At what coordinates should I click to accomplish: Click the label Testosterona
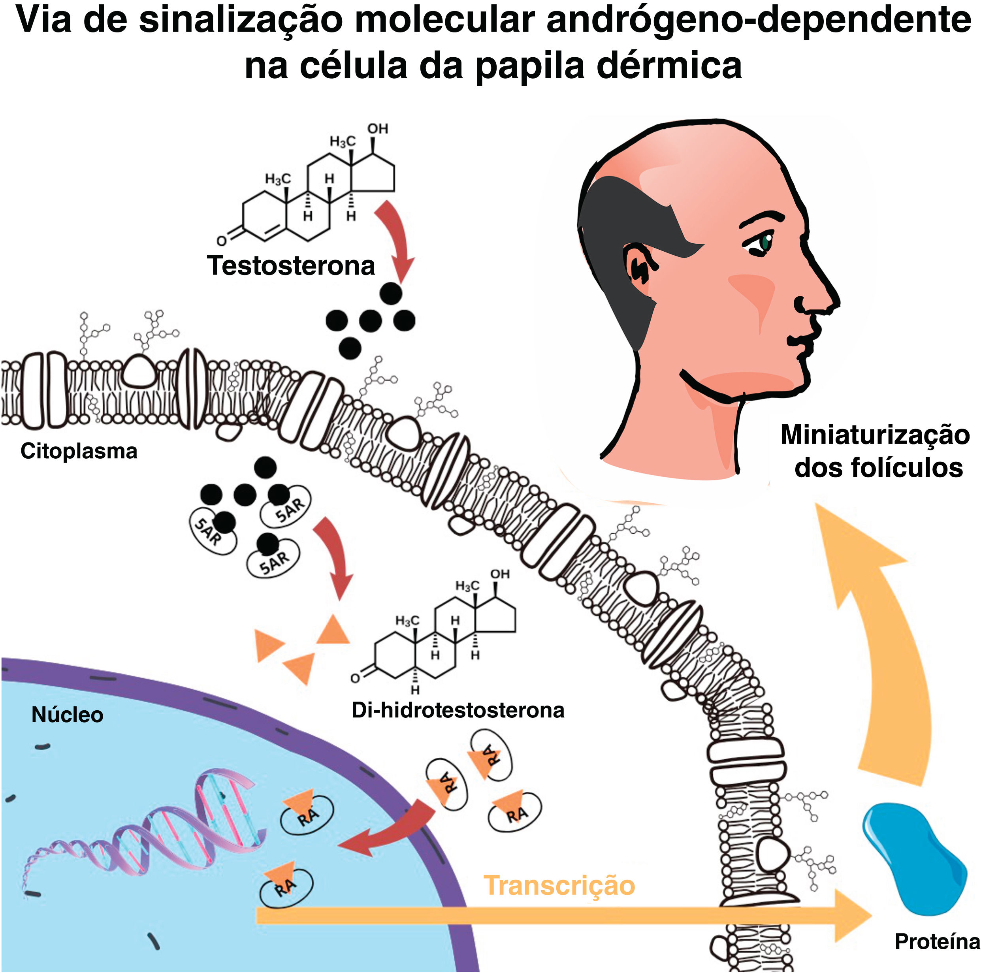(290, 265)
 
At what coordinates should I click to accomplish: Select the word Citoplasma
(79, 451)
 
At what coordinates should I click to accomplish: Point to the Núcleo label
(67, 715)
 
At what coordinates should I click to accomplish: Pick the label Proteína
(937, 941)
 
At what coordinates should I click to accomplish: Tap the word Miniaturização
(875, 435)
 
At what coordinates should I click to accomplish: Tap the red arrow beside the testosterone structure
(396, 239)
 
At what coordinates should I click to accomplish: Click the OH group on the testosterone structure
(378, 129)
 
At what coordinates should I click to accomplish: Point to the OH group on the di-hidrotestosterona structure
(500, 574)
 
